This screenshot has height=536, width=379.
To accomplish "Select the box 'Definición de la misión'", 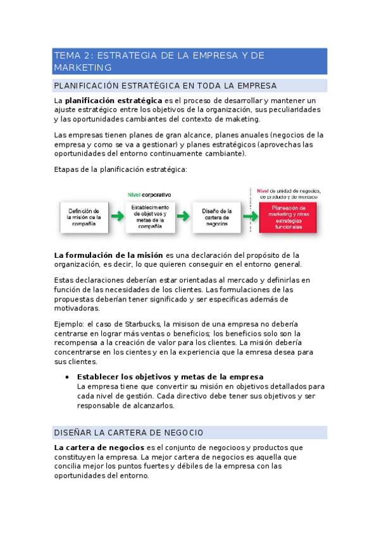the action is tap(84, 217).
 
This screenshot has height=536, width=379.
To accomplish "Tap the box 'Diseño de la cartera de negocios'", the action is tap(216, 217).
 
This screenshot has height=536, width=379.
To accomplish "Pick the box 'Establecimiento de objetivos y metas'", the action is tap(150, 217).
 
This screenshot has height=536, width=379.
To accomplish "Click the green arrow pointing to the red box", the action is tap(250, 216).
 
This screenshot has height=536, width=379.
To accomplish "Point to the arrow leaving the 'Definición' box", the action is tap(117, 216).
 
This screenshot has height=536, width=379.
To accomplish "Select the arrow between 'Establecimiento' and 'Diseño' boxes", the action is tap(183, 216).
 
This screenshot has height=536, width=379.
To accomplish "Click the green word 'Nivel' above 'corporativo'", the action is tap(135, 195).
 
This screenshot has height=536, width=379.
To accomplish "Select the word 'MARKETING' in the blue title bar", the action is tap(83, 68).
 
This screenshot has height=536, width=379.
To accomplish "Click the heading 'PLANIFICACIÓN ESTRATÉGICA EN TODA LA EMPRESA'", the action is tap(166, 85).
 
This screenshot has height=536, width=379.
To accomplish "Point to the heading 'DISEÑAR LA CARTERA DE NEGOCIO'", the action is tap(129, 432).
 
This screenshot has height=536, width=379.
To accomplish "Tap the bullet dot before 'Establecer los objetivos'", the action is tap(68, 377).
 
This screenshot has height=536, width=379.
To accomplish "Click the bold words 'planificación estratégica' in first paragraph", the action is tap(113, 100).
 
